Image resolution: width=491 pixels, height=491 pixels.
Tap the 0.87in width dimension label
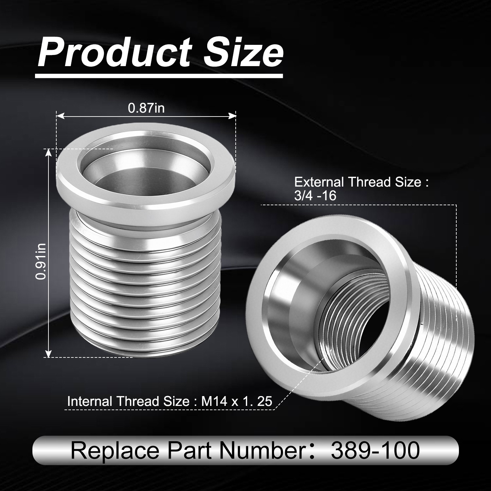146,108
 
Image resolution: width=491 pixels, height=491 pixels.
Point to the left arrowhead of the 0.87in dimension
59,115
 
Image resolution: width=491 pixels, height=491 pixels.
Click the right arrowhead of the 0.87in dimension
233,115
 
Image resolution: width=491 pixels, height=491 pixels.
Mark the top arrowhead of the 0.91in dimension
48,152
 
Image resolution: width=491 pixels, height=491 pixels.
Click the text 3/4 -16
315,196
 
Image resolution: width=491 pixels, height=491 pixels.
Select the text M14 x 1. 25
237,401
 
